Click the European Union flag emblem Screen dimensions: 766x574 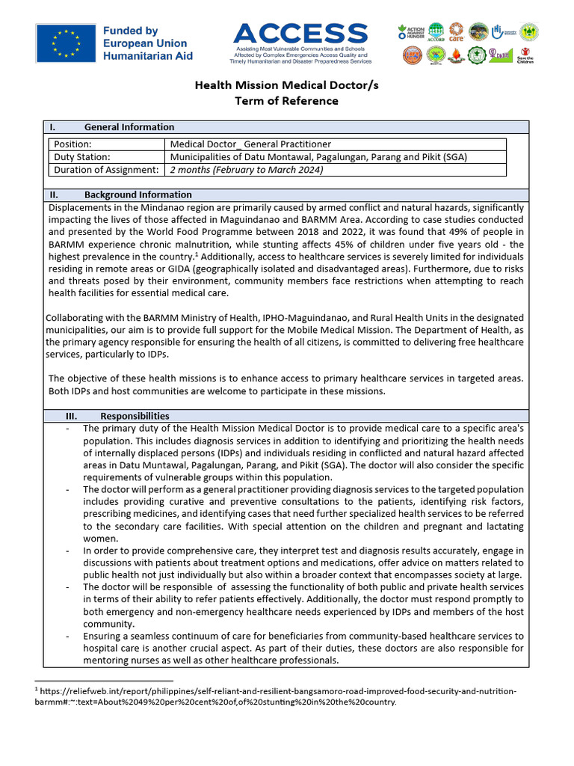click(x=66, y=43)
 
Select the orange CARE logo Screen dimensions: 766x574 click(x=457, y=32)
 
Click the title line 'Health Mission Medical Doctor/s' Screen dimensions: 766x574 click(x=286, y=85)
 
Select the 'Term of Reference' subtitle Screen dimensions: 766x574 click(x=286, y=101)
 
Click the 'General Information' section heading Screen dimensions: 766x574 click(x=129, y=127)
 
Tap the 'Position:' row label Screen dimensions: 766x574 click(x=72, y=144)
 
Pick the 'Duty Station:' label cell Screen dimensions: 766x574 click(x=81, y=157)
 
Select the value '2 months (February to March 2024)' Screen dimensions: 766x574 click(x=247, y=170)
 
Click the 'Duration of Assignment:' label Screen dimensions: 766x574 click(x=106, y=170)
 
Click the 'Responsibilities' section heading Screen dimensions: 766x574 click(x=135, y=416)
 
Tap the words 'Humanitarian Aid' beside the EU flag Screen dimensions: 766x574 click(x=147, y=55)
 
